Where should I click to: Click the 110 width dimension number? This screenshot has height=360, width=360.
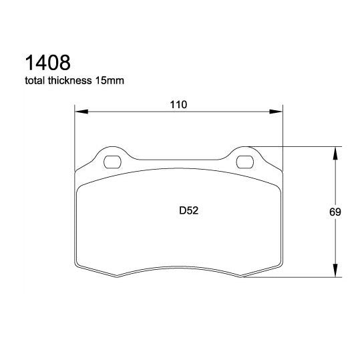pos(178,104)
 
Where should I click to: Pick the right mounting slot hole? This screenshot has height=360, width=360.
pos(245,161)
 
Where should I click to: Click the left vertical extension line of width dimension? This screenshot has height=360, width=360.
pos(74,134)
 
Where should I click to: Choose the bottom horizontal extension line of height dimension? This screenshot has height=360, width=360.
pos(294,278)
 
